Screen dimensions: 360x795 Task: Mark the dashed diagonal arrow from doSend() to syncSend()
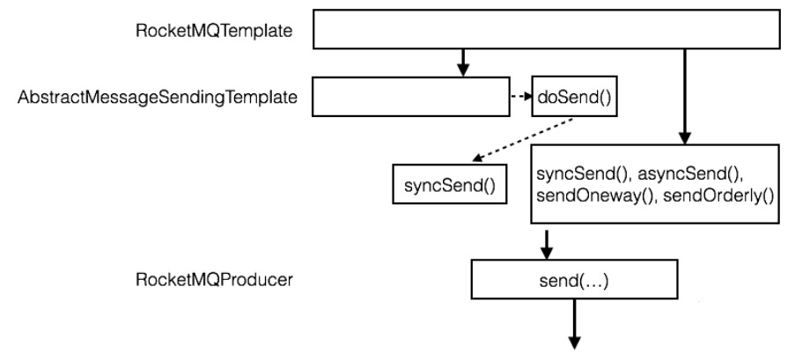[x=519, y=137]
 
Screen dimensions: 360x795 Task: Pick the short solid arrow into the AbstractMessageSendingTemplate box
[x=462, y=62]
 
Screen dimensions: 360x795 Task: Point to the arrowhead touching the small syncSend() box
[x=475, y=158]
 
